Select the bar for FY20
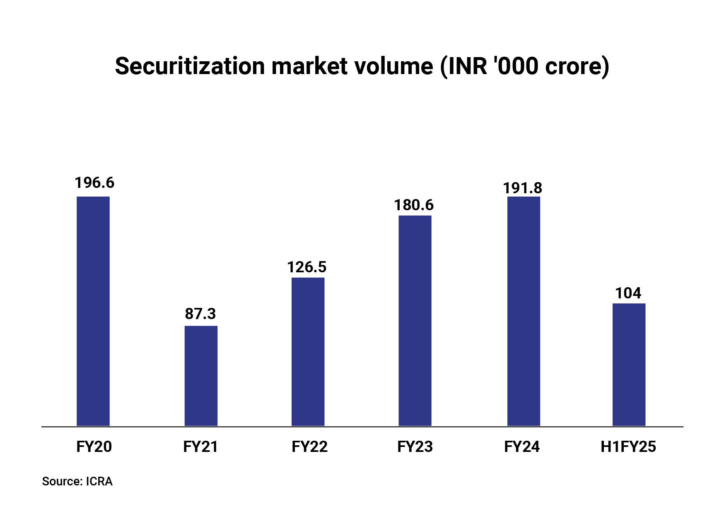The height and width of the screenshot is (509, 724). pos(93,311)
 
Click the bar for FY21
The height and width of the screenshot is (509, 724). pos(201,376)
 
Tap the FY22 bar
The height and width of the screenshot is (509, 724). pos(308,352)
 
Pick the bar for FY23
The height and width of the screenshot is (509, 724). pos(415,321)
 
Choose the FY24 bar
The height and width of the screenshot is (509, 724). pos(524,311)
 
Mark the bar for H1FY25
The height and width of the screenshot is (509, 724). pos(629,365)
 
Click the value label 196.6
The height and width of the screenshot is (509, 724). pos(94,183)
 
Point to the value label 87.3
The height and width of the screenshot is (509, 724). pos(200,314)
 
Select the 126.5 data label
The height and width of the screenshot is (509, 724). pos(307,267)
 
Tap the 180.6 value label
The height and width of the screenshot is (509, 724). pos(414,205)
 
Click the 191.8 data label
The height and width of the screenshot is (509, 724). pos(523,188)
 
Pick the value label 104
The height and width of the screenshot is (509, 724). pos(628,293)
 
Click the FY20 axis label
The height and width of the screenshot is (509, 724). pos(94,447)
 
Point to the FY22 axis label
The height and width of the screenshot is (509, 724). pos(309,447)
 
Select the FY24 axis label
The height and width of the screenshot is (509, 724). pos(522,447)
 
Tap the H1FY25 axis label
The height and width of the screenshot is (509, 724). pos(628,447)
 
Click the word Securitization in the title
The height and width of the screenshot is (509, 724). pos(190,66)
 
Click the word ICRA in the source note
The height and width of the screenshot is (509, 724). pos(99,482)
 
